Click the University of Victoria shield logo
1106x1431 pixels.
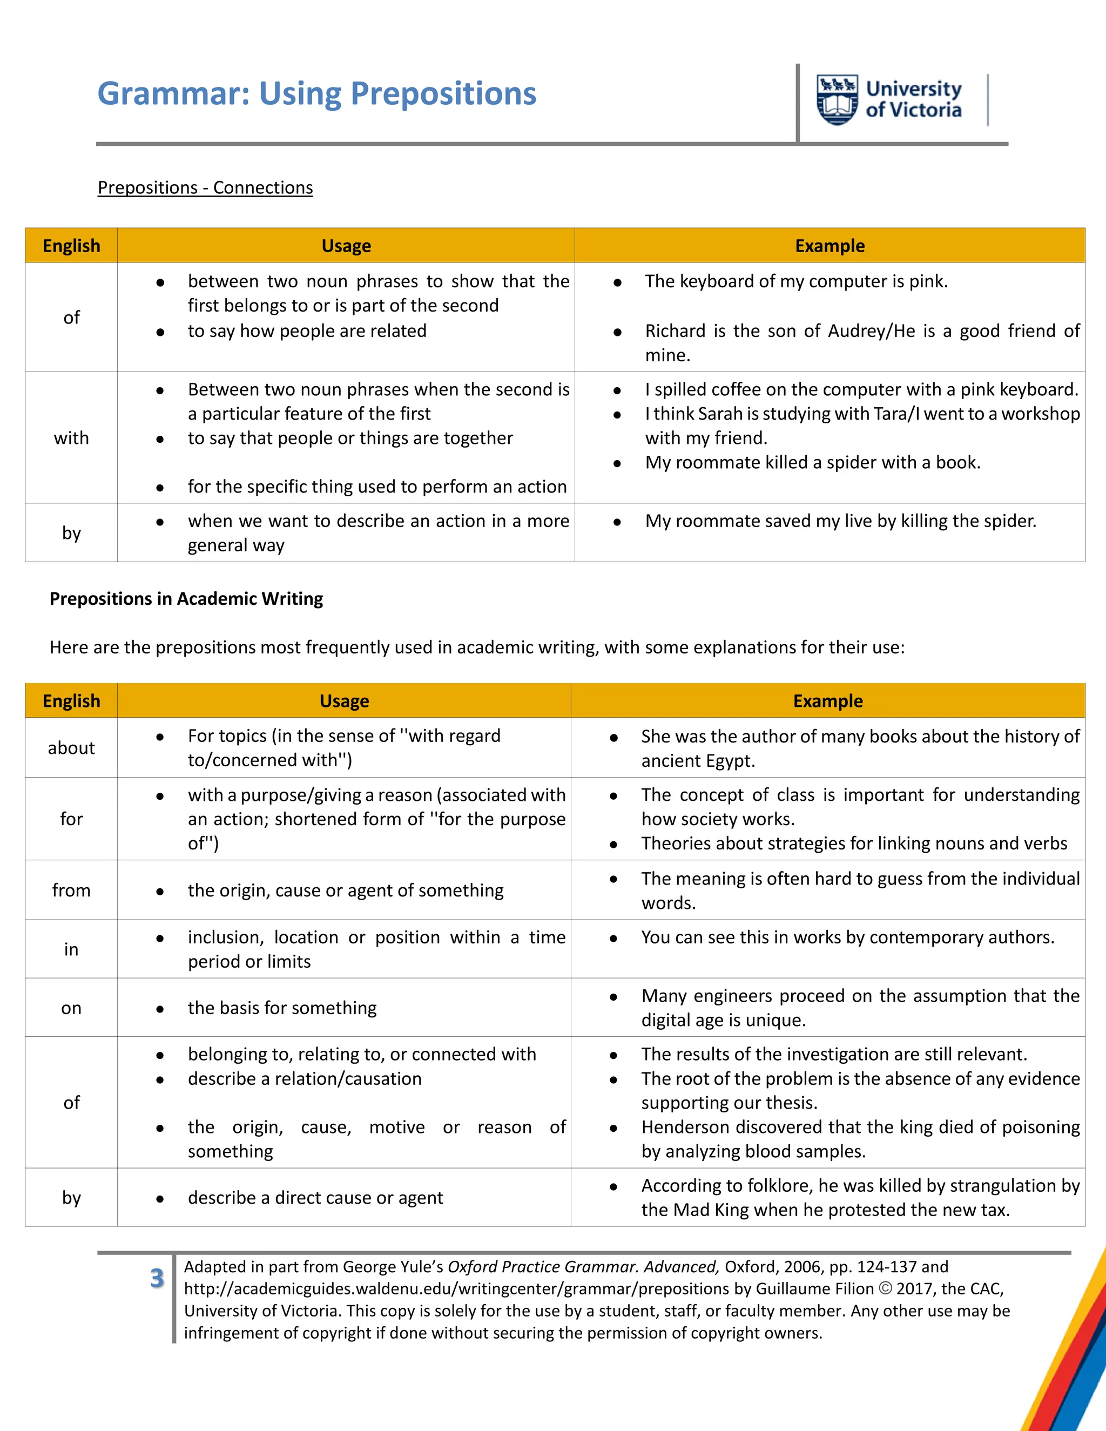point(837,99)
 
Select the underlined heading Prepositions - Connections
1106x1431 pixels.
point(205,187)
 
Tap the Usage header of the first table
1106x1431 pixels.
point(346,246)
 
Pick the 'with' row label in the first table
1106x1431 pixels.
point(71,438)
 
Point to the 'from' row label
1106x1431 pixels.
point(71,890)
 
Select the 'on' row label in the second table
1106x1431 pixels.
point(71,1008)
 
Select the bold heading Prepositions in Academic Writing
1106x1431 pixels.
point(186,599)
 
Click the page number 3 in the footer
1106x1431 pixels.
point(157,1278)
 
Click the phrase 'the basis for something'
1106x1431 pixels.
point(282,1008)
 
